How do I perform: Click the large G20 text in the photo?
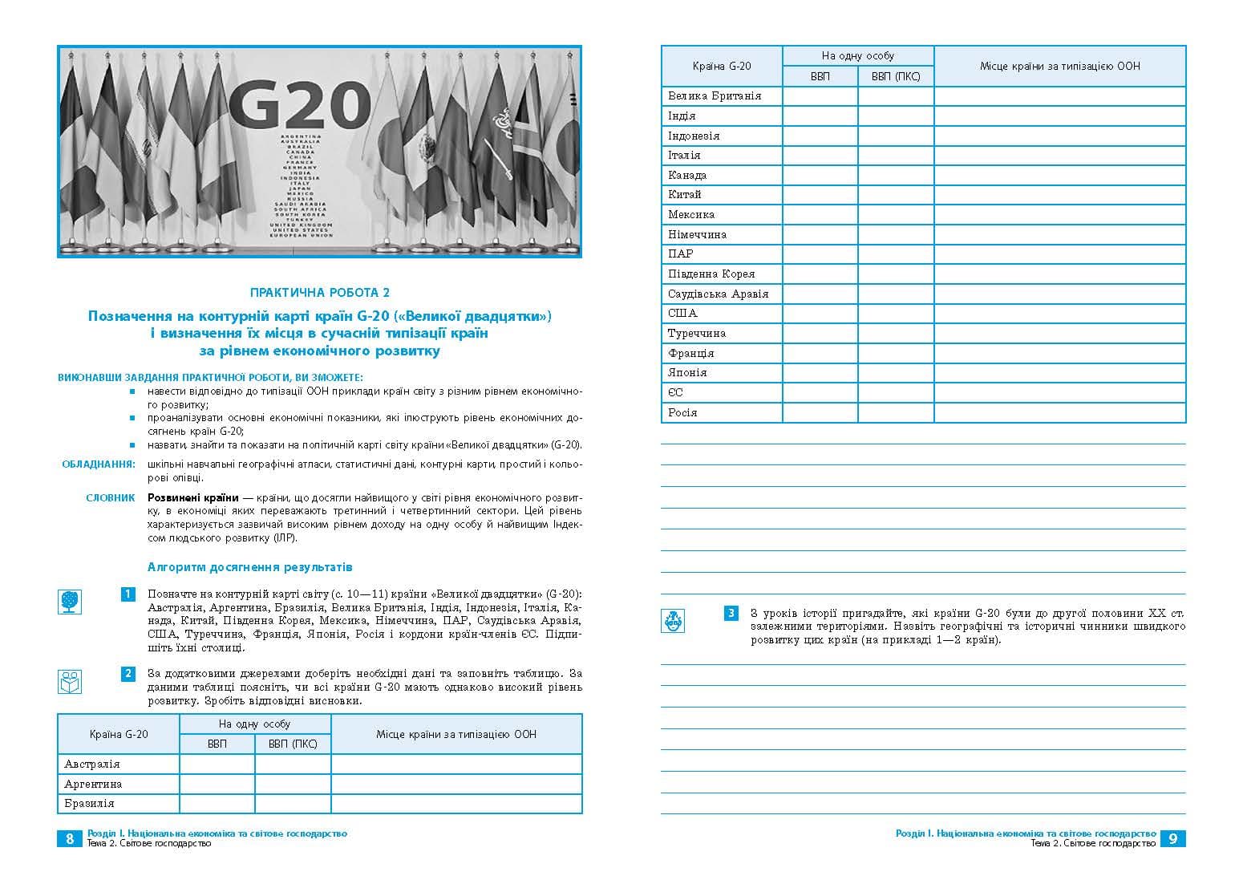[299, 105]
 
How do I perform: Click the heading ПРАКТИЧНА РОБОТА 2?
[320, 294]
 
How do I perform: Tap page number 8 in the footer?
[70, 838]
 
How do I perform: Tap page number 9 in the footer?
[1173, 838]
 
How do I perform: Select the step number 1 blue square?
[128, 594]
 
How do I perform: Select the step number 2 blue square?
[128, 673]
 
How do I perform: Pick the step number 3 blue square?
[731, 614]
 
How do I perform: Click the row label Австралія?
[92, 764]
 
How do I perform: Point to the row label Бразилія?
[90, 803]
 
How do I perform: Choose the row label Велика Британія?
[715, 96]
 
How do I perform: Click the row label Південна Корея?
[711, 274]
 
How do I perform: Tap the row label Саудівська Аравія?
[718, 294]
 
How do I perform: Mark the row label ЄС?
[675, 392]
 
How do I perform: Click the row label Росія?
[682, 412]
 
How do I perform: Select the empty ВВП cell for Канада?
[820, 175]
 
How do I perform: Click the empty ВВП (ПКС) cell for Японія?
[896, 372]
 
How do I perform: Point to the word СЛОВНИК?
[111, 498]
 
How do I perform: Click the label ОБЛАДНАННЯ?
[99, 464]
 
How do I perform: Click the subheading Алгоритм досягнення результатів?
[249, 567]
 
